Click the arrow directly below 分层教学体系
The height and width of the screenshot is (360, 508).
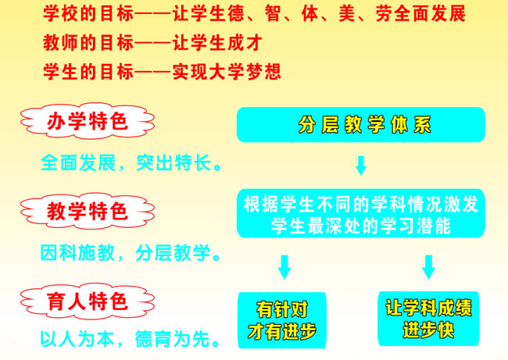(360, 165)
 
